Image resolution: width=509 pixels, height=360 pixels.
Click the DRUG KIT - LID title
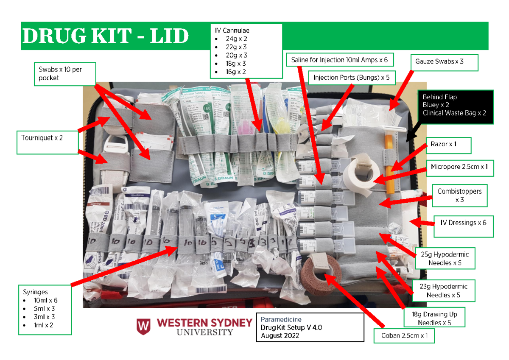coord(105,36)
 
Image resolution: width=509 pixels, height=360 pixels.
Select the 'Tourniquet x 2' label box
coord(47,142)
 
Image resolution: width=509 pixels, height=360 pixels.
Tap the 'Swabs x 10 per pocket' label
coord(65,74)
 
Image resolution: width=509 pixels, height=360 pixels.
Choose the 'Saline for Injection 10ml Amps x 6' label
coord(339,60)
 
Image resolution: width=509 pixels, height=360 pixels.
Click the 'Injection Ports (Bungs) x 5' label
coord(351,78)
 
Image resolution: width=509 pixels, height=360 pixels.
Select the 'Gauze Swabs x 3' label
coord(444,62)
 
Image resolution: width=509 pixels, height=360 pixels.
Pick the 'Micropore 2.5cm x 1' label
coord(459,167)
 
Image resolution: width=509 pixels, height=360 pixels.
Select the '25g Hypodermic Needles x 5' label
coord(445,258)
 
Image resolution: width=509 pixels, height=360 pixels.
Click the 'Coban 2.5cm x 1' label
coord(404,336)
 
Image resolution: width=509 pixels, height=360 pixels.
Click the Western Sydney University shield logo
coord(144,327)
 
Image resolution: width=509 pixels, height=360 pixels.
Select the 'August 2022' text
coord(280,336)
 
